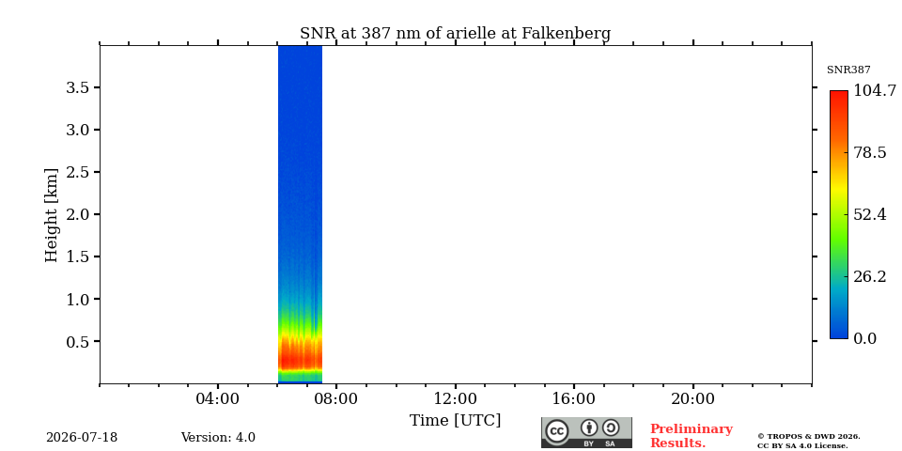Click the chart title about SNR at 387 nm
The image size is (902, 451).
coord(455,34)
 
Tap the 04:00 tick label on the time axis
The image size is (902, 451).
coord(218,399)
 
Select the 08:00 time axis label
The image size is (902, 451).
coord(336,399)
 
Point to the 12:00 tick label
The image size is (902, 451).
coord(455,399)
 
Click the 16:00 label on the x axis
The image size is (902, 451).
coord(573,399)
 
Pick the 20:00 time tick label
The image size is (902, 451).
coord(692,399)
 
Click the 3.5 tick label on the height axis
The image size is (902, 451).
coord(78,87)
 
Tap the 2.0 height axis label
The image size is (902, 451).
coord(78,214)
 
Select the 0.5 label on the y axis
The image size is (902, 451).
coord(78,341)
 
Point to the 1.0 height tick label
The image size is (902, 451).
coord(78,299)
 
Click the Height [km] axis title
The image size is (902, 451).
coord(52,215)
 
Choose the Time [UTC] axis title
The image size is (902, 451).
coord(455,421)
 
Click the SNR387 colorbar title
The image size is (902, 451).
coord(848,70)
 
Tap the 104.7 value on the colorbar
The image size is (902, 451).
coord(875,90)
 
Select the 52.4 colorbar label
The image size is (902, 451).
coord(869,214)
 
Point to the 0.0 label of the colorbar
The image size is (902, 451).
coord(864,339)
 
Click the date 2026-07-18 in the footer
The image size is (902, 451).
coord(82,438)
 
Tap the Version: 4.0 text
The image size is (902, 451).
coord(218,438)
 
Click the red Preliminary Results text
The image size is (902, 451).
coord(692,436)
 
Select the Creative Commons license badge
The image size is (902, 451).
coord(586,432)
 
